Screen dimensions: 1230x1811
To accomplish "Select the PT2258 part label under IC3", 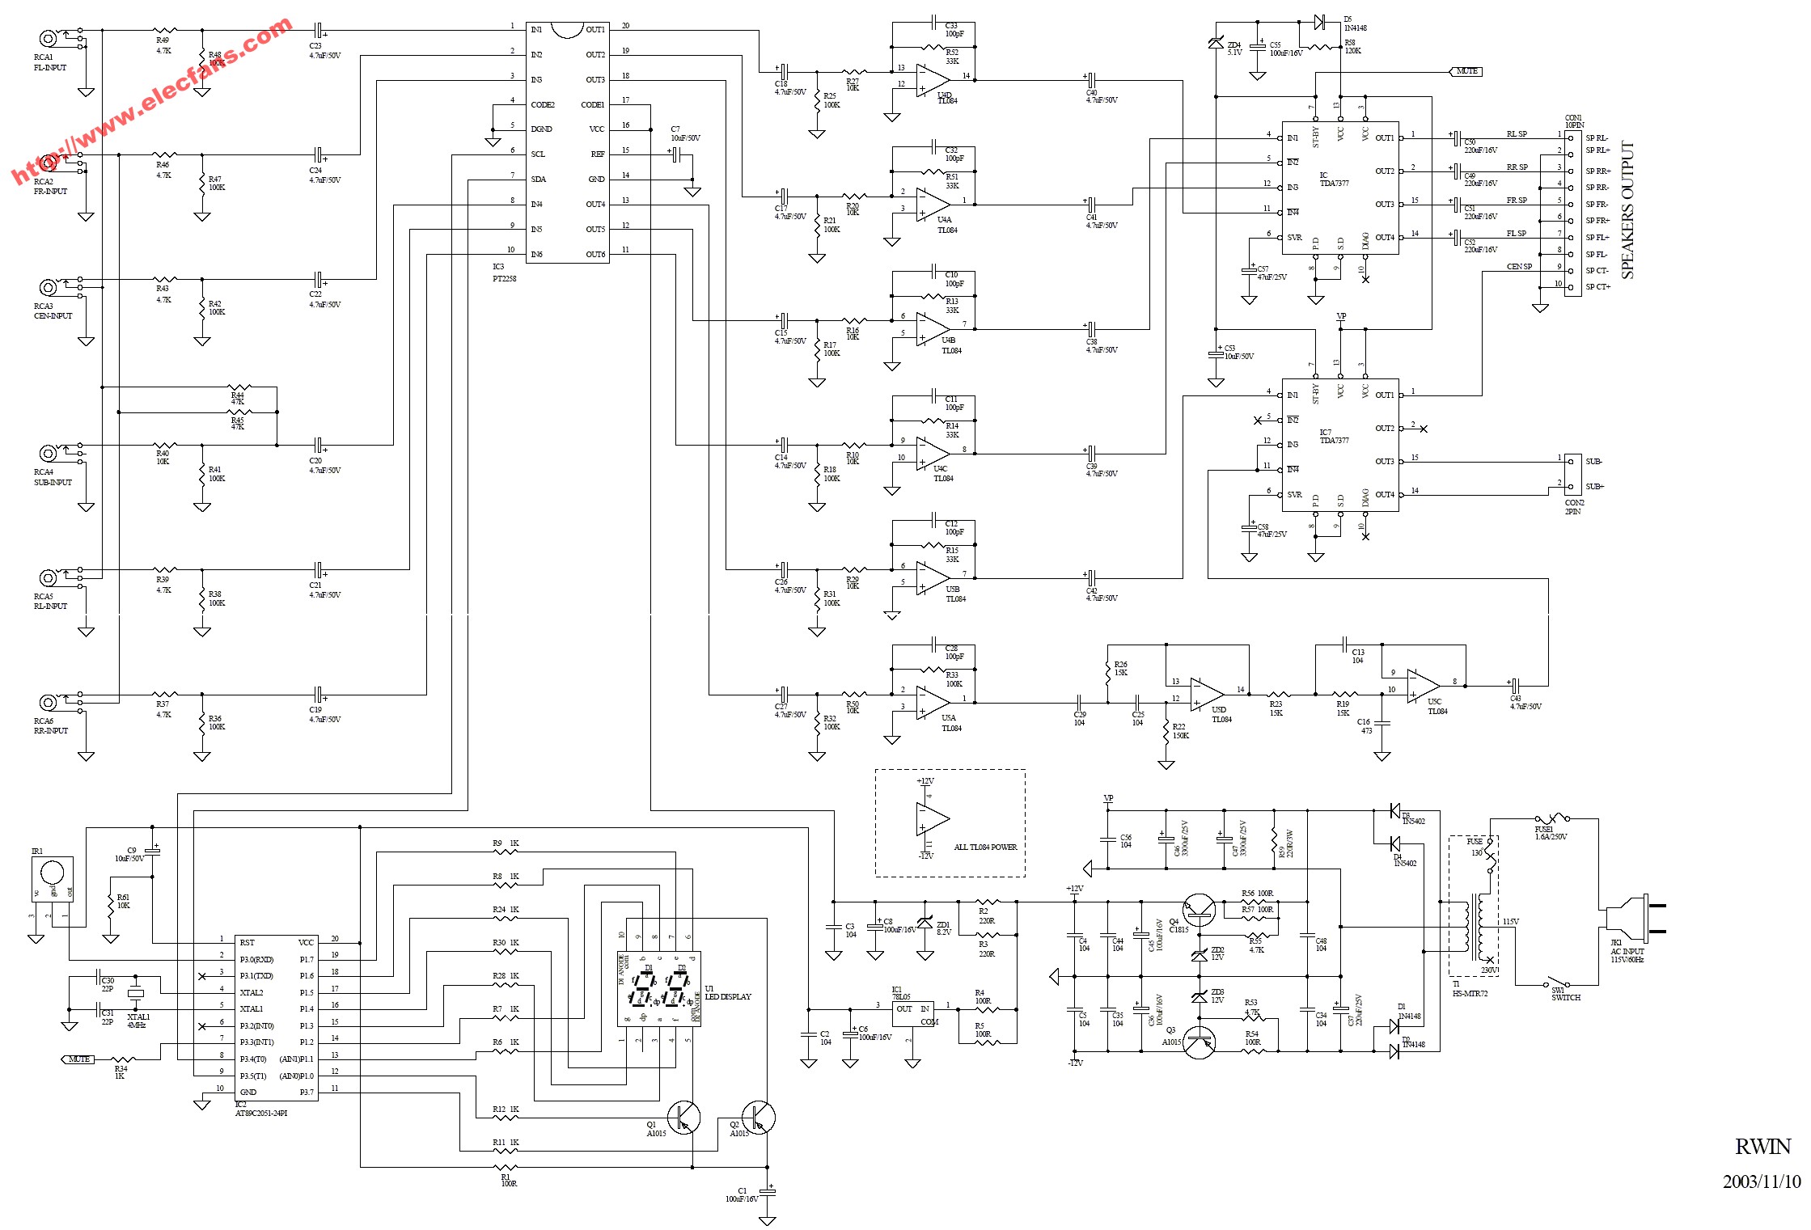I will (505, 278).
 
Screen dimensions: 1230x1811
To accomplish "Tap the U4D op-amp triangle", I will (933, 80).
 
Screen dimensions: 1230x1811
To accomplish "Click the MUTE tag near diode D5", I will (1466, 71).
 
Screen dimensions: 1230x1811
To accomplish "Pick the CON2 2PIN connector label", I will (1574, 507).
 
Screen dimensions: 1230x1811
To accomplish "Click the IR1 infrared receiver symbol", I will (52, 878).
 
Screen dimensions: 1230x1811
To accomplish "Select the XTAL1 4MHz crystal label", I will (138, 1021).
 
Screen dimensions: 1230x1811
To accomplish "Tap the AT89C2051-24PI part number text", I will (260, 1113).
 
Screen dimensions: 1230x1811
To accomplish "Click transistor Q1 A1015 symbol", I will (683, 1117).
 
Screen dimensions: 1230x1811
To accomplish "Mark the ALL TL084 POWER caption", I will (985, 847).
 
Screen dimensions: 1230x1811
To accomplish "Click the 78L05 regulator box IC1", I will (913, 1014).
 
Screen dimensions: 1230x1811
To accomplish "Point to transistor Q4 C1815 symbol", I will (1199, 910).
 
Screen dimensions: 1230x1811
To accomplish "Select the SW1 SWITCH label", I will (1565, 994).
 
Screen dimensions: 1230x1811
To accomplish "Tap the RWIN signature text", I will (1762, 1147).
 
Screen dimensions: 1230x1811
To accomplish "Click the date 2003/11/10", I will (1762, 1181).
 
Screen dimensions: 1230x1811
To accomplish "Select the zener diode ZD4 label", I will (1233, 49).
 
